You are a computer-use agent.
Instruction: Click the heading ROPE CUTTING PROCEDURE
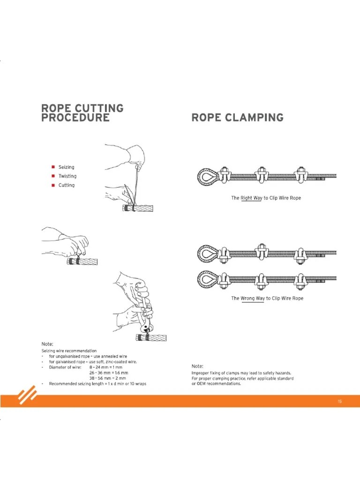click(x=82, y=112)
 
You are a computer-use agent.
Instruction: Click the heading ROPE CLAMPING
click(x=237, y=117)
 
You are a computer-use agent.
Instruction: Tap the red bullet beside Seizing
click(x=53, y=167)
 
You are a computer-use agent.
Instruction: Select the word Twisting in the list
click(x=67, y=176)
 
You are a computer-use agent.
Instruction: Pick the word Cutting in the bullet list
click(x=66, y=185)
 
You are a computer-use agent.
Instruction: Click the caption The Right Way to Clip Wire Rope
click(x=266, y=198)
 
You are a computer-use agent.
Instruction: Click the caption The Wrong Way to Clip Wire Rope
click(x=267, y=299)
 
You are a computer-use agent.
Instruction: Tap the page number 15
click(x=339, y=401)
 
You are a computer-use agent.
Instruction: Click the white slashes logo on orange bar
click(x=28, y=397)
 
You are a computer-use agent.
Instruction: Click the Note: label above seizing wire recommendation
click(x=47, y=345)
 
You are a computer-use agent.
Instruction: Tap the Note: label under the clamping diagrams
click(x=197, y=366)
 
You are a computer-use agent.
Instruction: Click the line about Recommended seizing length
click(x=97, y=384)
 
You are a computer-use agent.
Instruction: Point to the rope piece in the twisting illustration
click(x=82, y=261)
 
